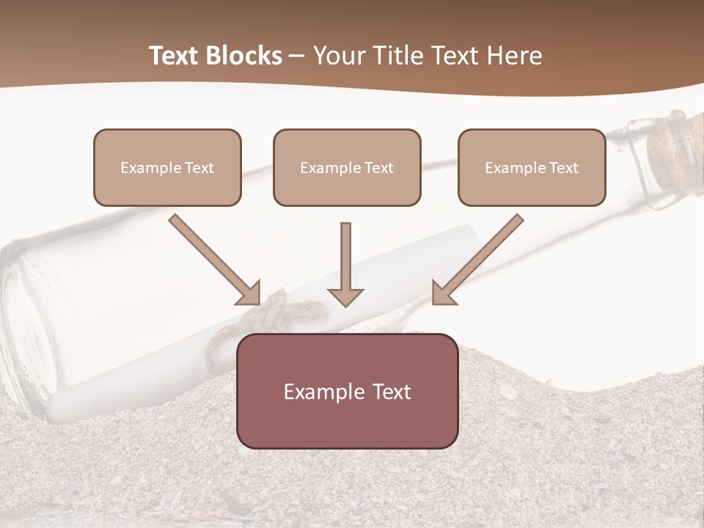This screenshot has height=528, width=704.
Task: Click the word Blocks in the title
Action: pos(243,56)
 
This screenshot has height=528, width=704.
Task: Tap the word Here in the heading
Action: pos(513,56)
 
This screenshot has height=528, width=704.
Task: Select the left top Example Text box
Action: pos(167,167)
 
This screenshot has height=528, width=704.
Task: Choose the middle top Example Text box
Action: pos(347,167)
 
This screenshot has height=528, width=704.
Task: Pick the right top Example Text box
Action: pos(532,167)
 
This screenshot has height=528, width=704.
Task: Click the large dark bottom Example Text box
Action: pos(348,391)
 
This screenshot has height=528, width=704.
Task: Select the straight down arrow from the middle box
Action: pos(346,260)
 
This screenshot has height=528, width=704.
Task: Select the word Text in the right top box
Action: pos(563,168)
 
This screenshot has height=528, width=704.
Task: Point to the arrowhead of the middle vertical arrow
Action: pos(346,296)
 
